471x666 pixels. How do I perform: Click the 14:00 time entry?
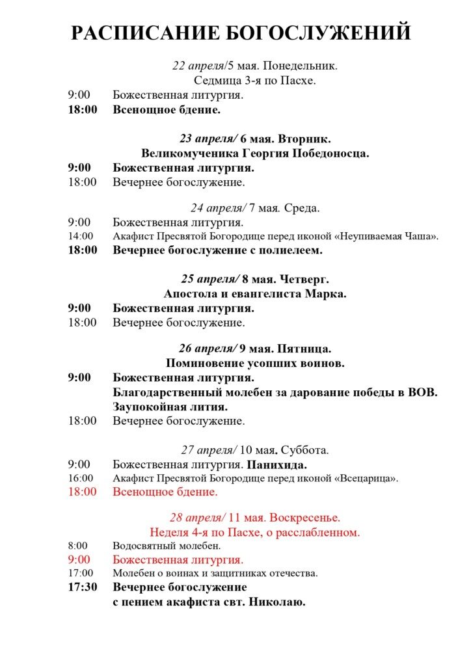pos(81,236)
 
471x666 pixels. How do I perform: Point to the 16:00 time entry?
pos(81,479)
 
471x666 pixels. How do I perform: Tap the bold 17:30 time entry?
pos(83,587)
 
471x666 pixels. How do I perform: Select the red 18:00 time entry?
pos(82,492)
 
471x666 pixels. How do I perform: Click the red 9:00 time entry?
pos(79,559)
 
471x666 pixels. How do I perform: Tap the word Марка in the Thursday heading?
pos(329,294)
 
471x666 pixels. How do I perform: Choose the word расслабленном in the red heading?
pos(322,532)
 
